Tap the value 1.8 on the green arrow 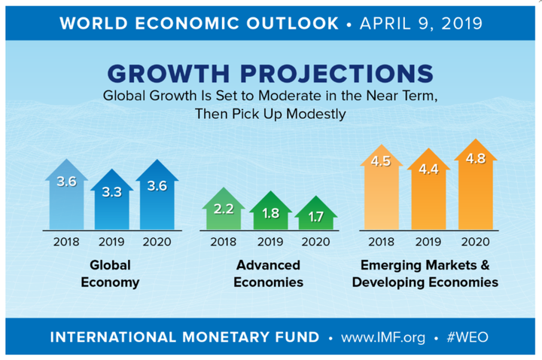point(270,213)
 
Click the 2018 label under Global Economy point(67,242)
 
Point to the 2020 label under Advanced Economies point(315,242)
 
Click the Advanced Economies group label point(269,273)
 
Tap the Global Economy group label point(111,273)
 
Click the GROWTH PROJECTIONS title point(270,74)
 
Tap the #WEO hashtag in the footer point(466,336)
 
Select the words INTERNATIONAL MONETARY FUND point(184,336)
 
